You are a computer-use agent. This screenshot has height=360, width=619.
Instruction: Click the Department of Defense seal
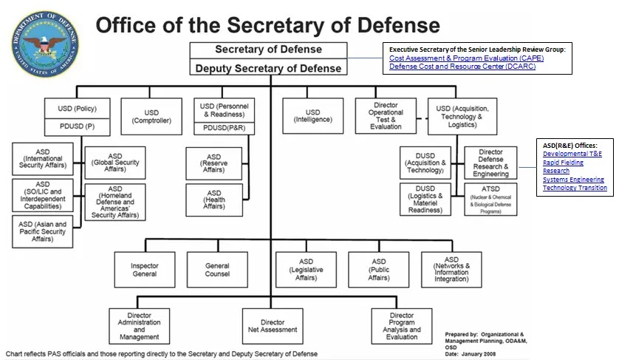tap(44, 44)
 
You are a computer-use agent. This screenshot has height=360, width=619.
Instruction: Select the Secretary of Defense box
tap(268, 50)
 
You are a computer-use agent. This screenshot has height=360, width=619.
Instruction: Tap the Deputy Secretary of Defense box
tap(268, 67)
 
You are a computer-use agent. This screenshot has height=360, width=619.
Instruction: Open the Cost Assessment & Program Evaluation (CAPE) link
tap(466, 58)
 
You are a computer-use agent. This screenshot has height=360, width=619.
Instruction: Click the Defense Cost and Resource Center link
tap(462, 67)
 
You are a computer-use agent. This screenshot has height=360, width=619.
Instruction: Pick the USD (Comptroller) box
tap(151, 117)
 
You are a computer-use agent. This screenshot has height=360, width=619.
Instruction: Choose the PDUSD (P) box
tap(78, 127)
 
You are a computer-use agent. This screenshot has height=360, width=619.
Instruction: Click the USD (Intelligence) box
tap(313, 116)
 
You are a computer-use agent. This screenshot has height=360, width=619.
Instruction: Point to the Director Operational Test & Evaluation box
tap(386, 116)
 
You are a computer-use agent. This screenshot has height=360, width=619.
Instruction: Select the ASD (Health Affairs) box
tap(214, 200)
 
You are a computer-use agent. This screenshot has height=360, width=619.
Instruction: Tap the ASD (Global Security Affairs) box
tap(115, 163)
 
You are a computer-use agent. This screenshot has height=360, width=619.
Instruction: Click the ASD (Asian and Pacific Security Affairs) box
tap(43, 231)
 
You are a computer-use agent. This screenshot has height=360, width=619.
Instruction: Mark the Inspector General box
tap(145, 270)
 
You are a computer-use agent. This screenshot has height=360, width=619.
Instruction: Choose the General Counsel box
tap(217, 270)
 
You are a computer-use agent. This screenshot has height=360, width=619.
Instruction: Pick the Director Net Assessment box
tap(273, 326)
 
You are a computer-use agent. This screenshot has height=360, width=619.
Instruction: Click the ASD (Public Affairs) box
tap(379, 270)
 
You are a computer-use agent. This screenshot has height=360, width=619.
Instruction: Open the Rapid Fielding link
tap(563, 163)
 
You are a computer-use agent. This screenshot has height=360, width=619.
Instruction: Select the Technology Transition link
tap(575, 188)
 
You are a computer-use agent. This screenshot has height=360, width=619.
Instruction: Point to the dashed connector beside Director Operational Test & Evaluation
tap(422, 118)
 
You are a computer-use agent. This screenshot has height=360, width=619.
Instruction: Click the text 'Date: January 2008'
tap(471, 354)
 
